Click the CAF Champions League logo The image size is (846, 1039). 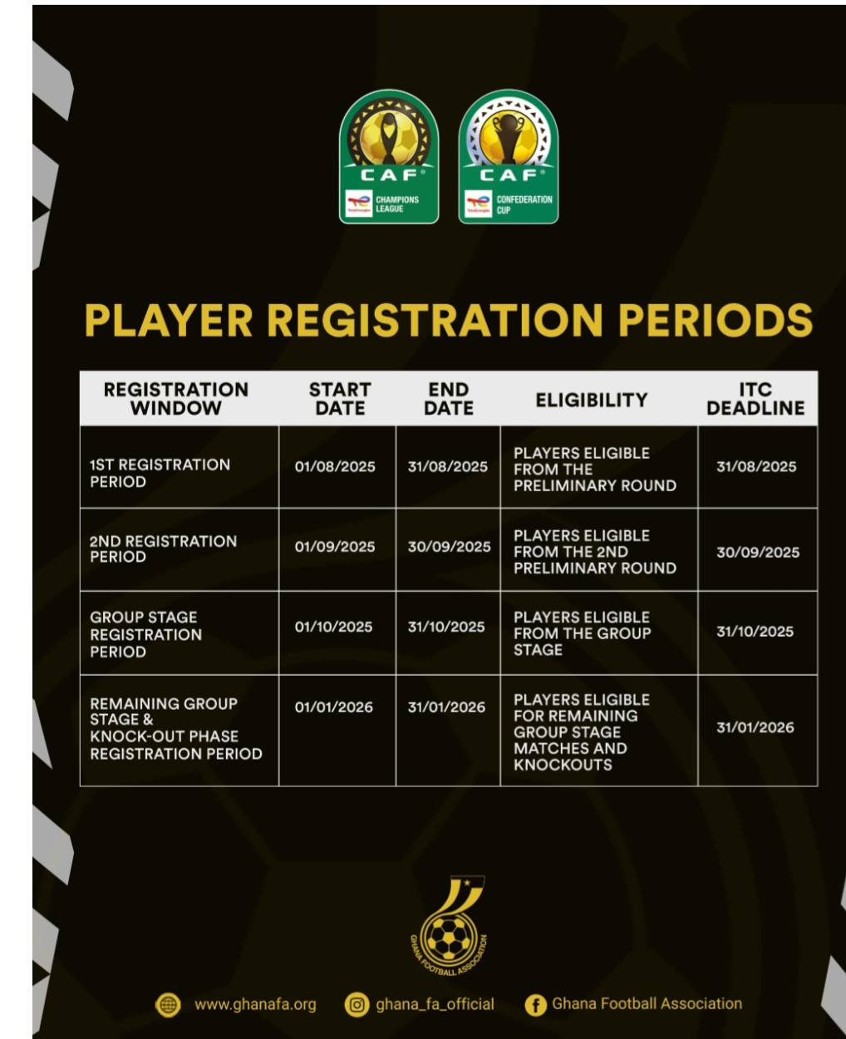pos(388,156)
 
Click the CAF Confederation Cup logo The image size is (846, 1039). pos(509,156)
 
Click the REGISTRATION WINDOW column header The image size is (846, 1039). pos(176,399)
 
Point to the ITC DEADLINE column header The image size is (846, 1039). pos(755,399)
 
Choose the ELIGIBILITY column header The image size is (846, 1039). pos(591,400)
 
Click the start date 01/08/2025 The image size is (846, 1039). pos(335,467)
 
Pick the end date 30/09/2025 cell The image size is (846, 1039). pos(449,547)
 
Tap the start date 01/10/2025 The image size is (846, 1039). pos(333,627)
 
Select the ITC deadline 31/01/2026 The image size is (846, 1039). pos(755,727)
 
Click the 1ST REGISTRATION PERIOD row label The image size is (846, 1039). pos(160,473)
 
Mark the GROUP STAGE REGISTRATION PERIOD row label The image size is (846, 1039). pos(145,634)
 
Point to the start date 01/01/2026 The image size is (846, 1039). pos(333,707)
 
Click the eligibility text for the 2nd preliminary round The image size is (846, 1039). pos(594,552)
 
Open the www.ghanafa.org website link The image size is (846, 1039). pos(255,1004)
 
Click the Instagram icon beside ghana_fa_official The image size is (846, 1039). pos(357,1005)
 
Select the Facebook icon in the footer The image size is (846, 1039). pos(535,1005)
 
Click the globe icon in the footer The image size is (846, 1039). pos(168,1005)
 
